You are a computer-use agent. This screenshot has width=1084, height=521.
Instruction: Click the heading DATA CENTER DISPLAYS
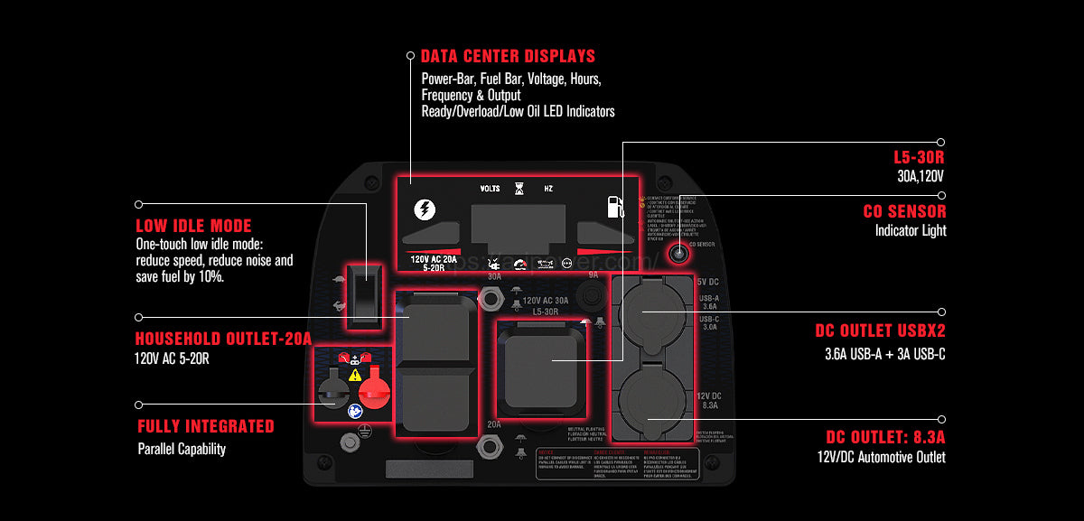click(508, 56)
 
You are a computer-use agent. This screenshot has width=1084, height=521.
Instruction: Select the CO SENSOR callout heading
click(905, 211)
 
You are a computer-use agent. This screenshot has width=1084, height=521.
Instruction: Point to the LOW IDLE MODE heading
click(193, 226)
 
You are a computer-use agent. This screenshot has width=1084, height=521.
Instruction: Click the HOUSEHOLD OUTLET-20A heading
click(223, 339)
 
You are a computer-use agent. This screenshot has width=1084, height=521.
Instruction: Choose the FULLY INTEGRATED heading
click(206, 426)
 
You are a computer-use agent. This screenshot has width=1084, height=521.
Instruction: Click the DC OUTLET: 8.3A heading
click(886, 436)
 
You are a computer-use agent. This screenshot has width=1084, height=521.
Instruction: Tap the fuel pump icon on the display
click(614, 208)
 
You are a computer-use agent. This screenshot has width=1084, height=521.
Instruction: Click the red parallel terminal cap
click(374, 392)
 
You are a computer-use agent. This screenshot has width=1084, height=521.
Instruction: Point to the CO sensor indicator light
click(677, 254)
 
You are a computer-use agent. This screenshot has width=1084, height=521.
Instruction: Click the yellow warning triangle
click(355, 374)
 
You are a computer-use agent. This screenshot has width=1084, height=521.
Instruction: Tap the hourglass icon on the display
click(519, 189)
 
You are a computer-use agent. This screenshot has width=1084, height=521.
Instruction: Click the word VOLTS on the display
click(491, 189)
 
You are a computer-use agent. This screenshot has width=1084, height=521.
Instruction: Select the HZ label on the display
click(548, 189)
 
